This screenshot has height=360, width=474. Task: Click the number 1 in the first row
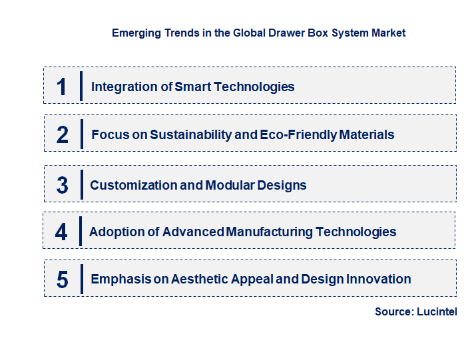62,87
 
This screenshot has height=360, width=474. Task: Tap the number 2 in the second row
63,134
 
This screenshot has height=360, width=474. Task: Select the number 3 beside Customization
63,185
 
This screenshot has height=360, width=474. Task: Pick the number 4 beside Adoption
61,232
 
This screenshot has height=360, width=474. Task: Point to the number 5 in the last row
63,279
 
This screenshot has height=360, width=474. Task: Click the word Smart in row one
192,87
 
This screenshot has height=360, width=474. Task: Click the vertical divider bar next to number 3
81,184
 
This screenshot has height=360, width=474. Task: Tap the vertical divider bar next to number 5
81,279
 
